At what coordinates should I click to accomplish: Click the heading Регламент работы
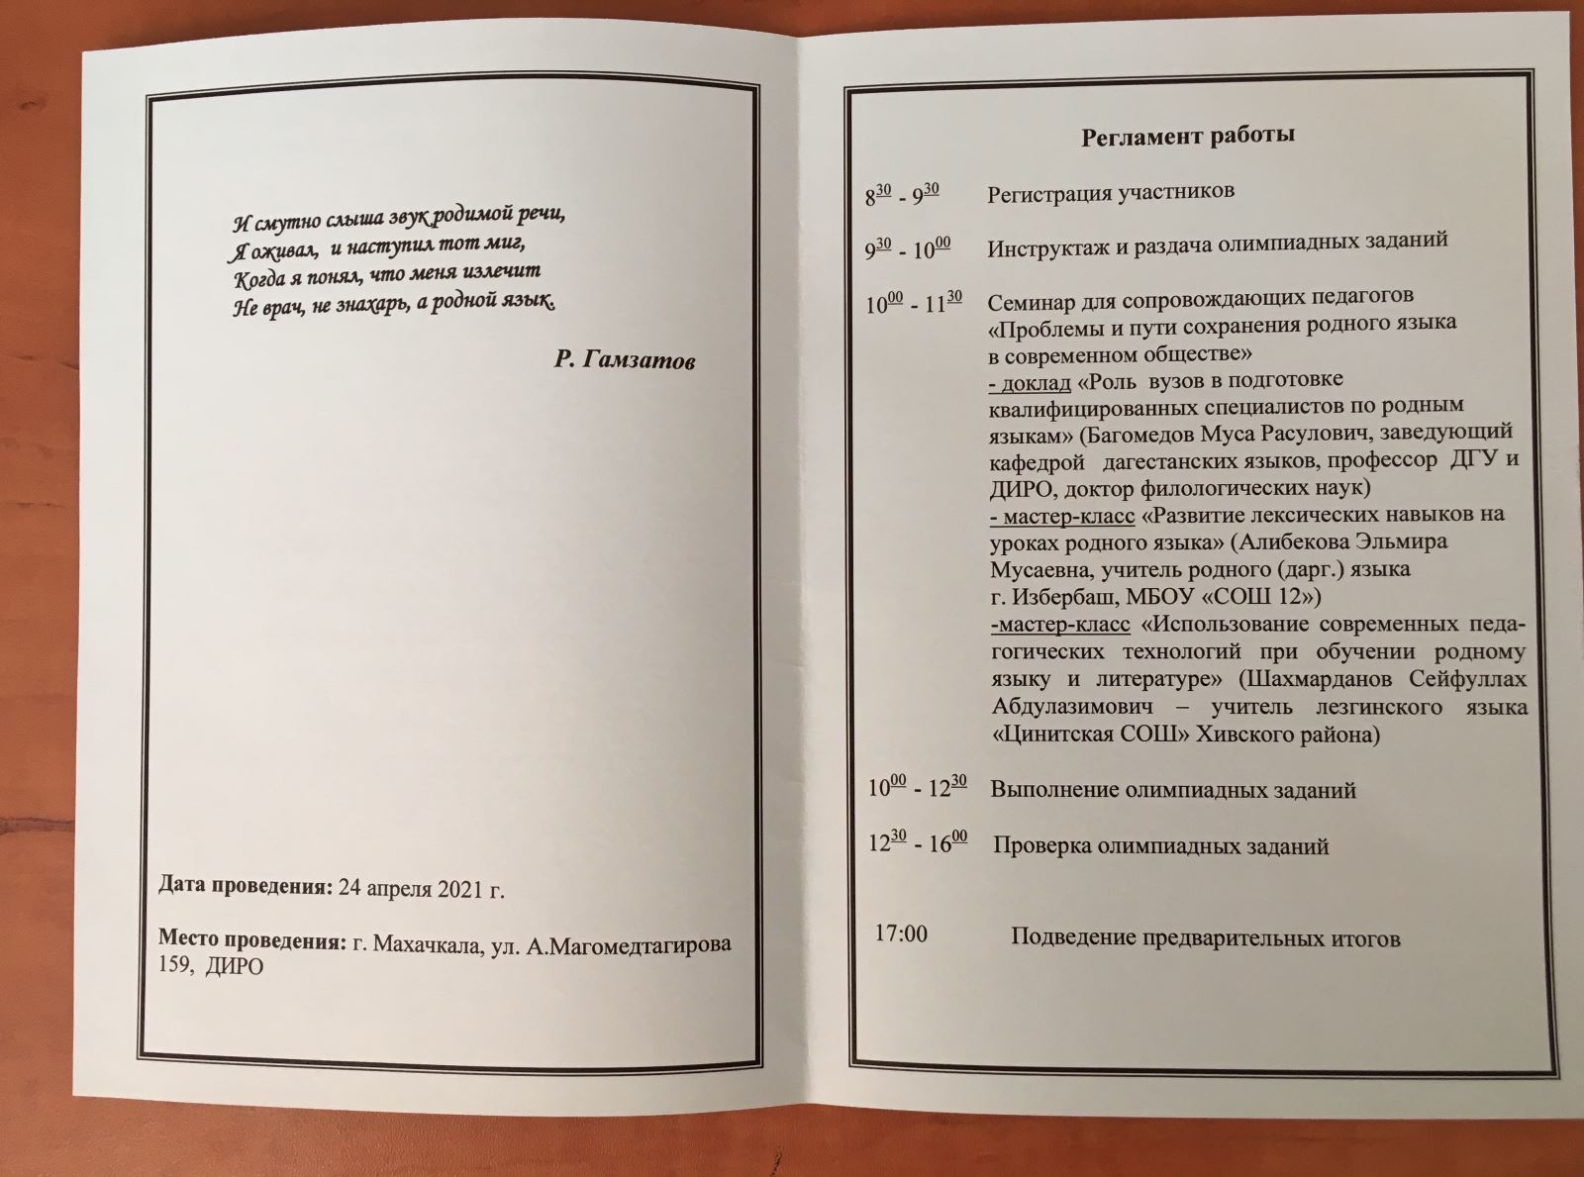coord(1188,136)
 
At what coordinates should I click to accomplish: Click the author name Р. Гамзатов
coord(624,360)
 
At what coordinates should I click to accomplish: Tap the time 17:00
coord(901,933)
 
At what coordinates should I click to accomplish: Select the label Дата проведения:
coord(246,886)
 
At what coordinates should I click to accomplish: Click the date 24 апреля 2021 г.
coord(421,889)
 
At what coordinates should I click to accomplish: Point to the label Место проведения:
coord(252,941)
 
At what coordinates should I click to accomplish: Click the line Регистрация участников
coord(1111,192)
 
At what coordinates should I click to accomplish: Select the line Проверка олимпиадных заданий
coord(1160,846)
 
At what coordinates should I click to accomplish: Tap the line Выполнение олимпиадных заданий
coord(1173,790)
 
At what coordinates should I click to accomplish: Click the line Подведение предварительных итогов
coord(1205,938)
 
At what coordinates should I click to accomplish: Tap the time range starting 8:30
coord(902,194)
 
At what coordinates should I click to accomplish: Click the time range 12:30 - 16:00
coord(918,843)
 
